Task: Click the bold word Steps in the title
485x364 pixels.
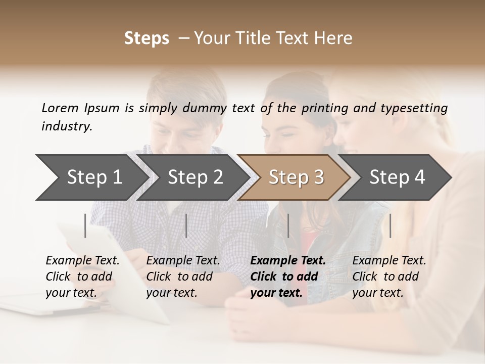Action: (x=147, y=38)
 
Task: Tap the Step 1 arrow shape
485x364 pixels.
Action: (x=91, y=177)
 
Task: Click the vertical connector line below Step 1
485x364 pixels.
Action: (x=85, y=225)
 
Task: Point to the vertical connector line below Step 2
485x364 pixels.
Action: (x=186, y=225)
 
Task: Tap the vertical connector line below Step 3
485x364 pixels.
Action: (x=288, y=225)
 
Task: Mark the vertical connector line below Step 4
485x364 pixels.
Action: (x=390, y=225)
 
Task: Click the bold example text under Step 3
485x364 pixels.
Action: (x=287, y=277)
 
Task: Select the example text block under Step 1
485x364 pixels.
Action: (x=82, y=277)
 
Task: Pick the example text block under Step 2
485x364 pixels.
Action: (x=182, y=277)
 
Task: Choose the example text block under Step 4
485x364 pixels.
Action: (x=389, y=277)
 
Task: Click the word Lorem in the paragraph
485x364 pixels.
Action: (x=60, y=108)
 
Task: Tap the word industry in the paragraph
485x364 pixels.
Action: (x=67, y=126)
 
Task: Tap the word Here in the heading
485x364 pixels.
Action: (x=334, y=38)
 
